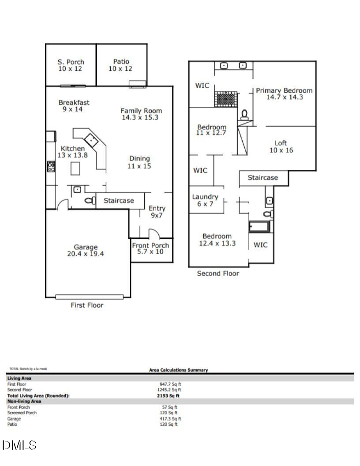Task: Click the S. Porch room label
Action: (x=71, y=65)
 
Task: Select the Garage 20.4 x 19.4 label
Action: (x=85, y=250)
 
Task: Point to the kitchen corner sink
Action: (x=92, y=140)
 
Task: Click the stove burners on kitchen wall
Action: (x=51, y=166)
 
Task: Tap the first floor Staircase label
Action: (x=119, y=200)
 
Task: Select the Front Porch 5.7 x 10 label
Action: (x=150, y=248)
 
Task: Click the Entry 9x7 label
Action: (x=157, y=212)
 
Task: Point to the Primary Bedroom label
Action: (x=284, y=94)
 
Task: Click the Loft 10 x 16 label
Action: (x=281, y=147)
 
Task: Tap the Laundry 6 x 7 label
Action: (x=205, y=200)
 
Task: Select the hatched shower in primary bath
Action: (x=226, y=98)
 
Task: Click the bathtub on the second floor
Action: (x=259, y=227)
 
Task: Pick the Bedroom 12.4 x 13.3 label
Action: (x=217, y=240)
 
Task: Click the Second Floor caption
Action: (x=218, y=274)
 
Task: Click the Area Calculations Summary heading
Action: (x=179, y=370)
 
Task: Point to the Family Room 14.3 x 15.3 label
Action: (x=141, y=114)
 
